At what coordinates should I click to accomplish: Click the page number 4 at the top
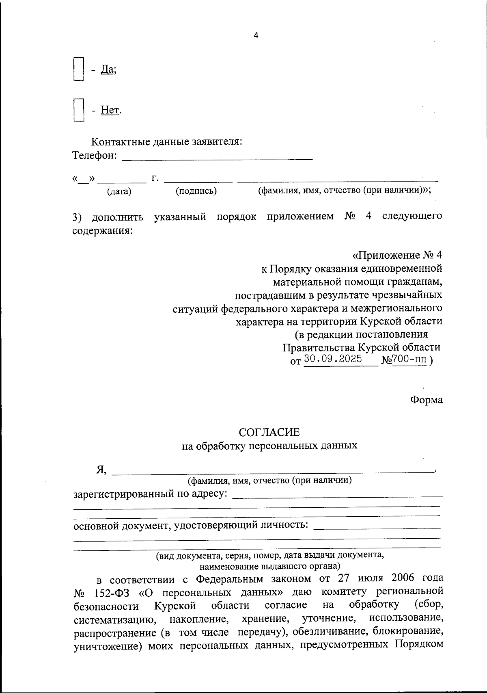pyautogui.click(x=256, y=35)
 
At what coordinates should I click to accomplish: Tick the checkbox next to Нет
pyautogui.click(x=79, y=110)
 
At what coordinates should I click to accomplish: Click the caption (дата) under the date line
pyautogui.click(x=119, y=191)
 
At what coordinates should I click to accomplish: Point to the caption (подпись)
pyautogui.click(x=196, y=191)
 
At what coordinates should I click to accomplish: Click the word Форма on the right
pyautogui.click(x=426, y=399)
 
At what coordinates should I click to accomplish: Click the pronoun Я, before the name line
pyautogui.click(x=101, y=470)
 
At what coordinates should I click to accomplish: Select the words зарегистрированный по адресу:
pyautogui.click(x=150, y=494)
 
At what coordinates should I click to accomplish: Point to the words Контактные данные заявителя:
pyautogui.click(x=167, y=142)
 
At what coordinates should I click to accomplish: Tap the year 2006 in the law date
pyautogui.click(x=406, y=578)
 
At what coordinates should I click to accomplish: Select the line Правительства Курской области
pyautogui.click(x=361, y=347)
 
